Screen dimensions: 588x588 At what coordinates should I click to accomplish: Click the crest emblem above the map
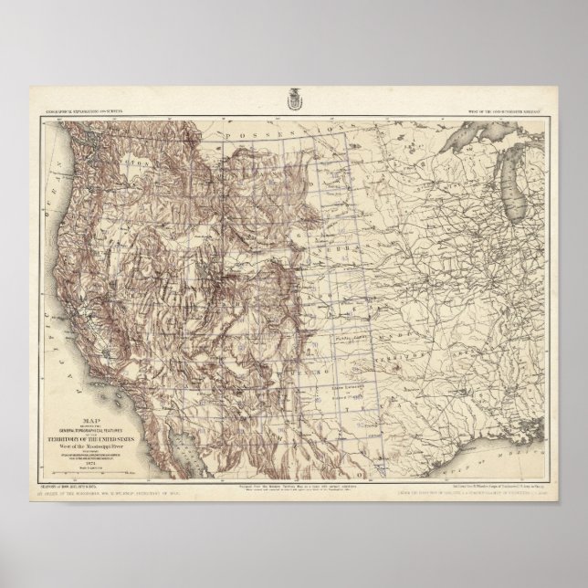click(x=295, y=93)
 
